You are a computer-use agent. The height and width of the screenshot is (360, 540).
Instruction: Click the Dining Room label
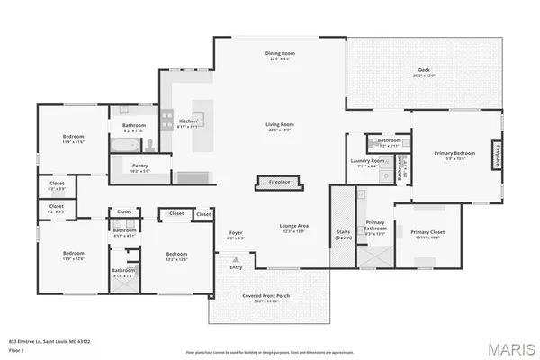point(280,55)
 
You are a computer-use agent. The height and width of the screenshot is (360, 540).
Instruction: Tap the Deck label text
point(426,72)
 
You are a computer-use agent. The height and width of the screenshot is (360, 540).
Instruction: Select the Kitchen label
point(187,121)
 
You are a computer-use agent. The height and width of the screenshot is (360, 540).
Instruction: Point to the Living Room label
point(280,125)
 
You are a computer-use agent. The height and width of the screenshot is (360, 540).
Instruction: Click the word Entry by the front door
point(236,267)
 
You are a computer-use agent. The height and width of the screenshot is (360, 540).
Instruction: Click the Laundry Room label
point(367,162)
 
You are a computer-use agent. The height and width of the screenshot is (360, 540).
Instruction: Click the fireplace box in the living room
point(280,182)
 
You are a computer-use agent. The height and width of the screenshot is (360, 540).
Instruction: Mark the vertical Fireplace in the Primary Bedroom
point(496,155)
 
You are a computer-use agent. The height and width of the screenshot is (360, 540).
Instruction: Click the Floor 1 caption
point(16,350)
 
